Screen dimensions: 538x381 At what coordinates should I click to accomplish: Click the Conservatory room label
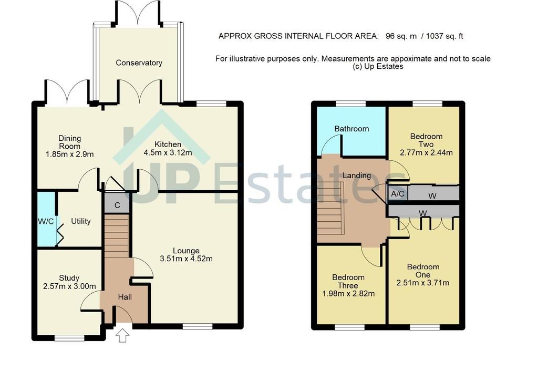139,63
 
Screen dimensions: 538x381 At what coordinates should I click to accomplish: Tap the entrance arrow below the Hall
122,335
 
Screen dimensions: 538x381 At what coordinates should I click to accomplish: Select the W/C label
46,221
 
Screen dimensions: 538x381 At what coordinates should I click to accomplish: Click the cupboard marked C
117,205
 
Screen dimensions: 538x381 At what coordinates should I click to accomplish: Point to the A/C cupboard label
398,194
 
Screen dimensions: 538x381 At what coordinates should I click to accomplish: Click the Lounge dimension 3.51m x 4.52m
187,259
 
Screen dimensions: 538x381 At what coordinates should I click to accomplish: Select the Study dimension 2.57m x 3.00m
70,286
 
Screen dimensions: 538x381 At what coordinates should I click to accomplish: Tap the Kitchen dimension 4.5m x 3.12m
168,153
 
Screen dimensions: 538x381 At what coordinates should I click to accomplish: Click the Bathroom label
351,129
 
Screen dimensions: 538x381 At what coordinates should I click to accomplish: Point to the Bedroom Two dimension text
426,152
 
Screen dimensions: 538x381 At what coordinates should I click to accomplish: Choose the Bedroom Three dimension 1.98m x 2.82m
349,294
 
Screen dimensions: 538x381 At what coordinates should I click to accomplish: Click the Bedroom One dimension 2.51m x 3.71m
423,283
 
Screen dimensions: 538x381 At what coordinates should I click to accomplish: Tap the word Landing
357,176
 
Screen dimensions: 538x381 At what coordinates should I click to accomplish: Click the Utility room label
80,221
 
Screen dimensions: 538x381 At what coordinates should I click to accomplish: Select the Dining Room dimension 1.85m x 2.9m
70,155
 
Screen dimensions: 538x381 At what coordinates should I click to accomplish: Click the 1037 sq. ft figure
444,36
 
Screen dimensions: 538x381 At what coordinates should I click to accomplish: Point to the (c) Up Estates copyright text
378,67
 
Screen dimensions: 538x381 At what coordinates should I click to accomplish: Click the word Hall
125,297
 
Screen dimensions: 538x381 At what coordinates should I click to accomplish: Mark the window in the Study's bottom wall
69,338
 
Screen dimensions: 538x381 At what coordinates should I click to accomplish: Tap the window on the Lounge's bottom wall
198,326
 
